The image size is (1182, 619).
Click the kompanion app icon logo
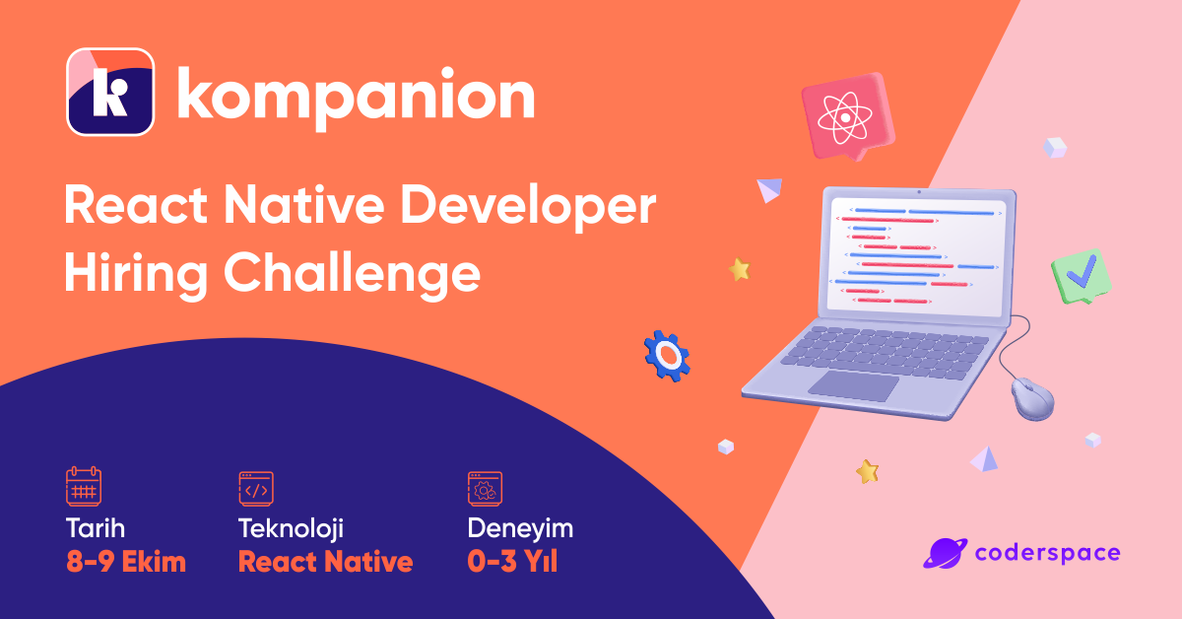(110, 92)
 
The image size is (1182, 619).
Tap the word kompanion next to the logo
(355, 95)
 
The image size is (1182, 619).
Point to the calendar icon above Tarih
(84, 487)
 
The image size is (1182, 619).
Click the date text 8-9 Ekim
(125, 563)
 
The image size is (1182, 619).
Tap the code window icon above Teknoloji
(256, 487)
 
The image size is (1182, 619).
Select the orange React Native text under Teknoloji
(325, 563)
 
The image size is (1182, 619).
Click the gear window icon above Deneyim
(485, 487)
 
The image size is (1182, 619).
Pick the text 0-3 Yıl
(512, 563)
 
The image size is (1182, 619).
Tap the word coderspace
(1047, 552)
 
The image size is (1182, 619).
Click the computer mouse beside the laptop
(1032, 399)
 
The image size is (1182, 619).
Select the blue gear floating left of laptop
(667, 355)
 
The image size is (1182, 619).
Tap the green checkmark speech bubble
(1081, 276)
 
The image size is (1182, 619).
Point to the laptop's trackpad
(853, 385)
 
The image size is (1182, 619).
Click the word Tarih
(96, 528)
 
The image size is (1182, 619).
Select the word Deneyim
(520, 528)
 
